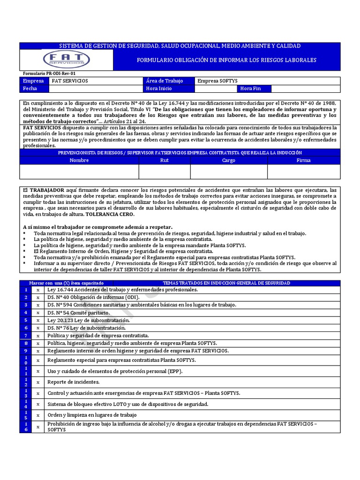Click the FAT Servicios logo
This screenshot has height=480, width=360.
tap(66, 60)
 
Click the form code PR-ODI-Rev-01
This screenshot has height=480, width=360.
tap(49, 74)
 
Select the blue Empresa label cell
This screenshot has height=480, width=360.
tap(34, 81)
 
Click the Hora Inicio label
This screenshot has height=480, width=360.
tap(159, 89)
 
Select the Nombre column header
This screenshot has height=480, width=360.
tap(79, 160)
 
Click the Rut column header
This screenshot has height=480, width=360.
tap(164, 160)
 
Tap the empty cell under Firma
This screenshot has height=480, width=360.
tap(303, 172)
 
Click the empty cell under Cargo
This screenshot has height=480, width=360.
tap(228, 172)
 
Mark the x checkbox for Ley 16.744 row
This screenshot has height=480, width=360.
tap(38, 290)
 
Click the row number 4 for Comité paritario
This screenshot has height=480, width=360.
tap(26, 312)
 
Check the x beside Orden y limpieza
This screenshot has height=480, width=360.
tap(38, 415)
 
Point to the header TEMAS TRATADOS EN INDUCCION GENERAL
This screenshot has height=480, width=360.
tap(226, 283)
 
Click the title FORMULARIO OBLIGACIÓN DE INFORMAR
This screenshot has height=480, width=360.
tap(226, 60)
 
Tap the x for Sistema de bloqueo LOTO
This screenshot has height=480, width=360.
tap(38, 404)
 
